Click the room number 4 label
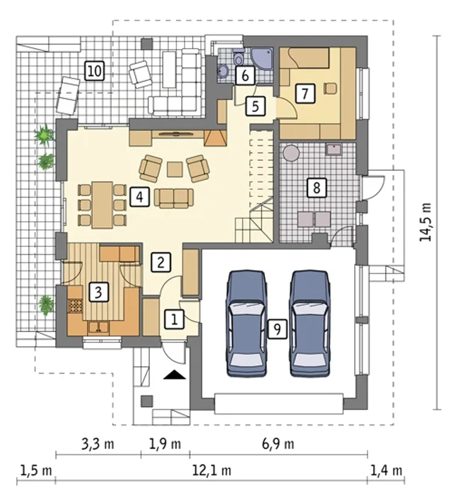click(139, 197)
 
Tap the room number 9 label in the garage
click(277, 329)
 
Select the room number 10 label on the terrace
click(94, 71)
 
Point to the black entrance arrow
click(174, 375)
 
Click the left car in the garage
click(246, 324)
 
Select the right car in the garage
click(310, 324)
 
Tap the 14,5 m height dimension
click(425, 222)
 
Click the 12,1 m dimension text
click(212, 471)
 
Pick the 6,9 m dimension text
click(278, 444)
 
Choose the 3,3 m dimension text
click(98, 444)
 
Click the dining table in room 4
click(102, 205)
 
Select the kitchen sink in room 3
click(99, 327)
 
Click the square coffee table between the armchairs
click(175, 169)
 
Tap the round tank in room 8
click(291, 153)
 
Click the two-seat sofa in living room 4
click(174, 198)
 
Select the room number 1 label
click(174, 319)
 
